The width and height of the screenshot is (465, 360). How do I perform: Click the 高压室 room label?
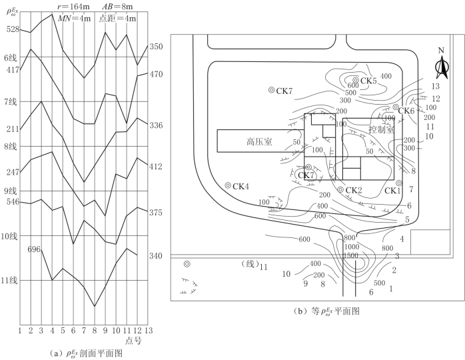[259, 141]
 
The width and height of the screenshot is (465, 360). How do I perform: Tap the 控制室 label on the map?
[381, 129]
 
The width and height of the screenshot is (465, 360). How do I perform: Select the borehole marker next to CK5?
[356, 80]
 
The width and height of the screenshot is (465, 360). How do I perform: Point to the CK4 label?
[240, 187]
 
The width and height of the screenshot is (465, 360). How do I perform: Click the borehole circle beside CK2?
[340, 189]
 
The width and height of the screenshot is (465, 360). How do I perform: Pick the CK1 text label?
[392, 191]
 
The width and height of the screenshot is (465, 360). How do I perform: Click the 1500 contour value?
[351, 255]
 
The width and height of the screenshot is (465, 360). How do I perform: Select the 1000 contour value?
[352, 247]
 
